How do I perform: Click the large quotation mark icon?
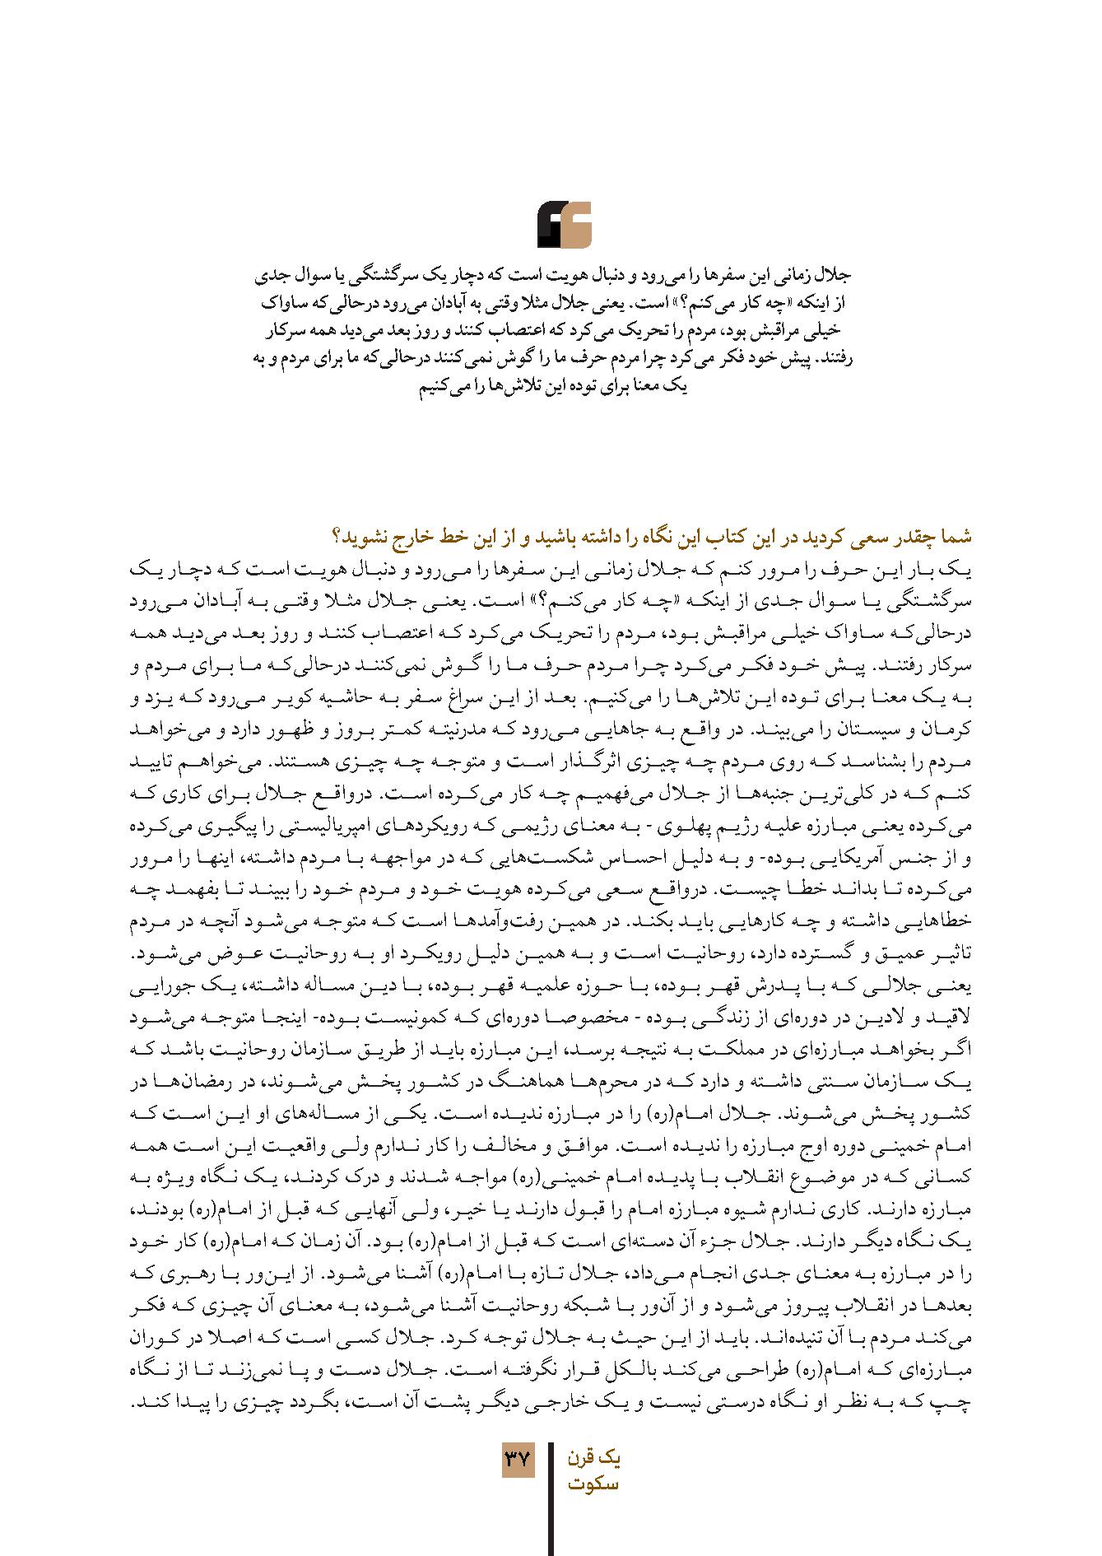(x=564, y=225)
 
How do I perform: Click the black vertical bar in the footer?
(x=551, y=1498)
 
